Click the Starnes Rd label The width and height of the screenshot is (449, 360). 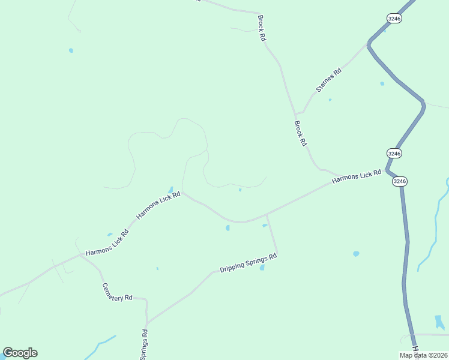click(329, 80)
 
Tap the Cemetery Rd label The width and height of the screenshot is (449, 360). click(116, 292)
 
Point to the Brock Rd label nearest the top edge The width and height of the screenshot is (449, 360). click(261, 28)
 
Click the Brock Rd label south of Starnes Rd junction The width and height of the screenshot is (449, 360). click(300, 134)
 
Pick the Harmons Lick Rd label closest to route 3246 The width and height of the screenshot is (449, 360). click(357, 176)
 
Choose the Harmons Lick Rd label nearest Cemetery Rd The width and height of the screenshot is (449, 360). click(107, 245)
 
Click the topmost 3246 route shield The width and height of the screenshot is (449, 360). click(394, 19)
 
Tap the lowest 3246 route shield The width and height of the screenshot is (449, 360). click(400, 181)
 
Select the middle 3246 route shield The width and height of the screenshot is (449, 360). click(394, 153)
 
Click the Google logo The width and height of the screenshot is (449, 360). click(20, 353)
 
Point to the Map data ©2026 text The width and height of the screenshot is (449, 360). click(423, 355)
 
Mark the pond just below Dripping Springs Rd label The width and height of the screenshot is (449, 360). click(262, 268)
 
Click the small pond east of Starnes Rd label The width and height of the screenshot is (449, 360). click(382, 84)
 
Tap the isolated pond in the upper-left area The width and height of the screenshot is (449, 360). click(71, 50)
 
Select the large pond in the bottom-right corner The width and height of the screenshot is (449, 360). click(440, 322)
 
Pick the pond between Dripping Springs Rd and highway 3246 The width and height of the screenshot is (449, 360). click(356, 254)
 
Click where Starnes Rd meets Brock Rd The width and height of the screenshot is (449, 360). click(295, 113)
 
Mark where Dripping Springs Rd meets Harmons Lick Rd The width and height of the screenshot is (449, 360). click(267, 214)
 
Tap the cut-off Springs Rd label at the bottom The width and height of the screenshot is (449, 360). click(144, 345)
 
